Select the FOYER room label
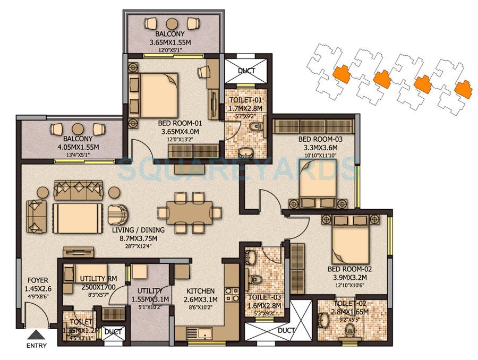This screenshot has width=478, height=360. (37, 280)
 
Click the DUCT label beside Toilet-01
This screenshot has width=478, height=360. (246, 70)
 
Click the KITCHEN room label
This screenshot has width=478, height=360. (200, 291)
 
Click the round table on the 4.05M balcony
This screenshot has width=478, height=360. (78, 128)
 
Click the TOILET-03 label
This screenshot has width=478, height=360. (263, 298)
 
